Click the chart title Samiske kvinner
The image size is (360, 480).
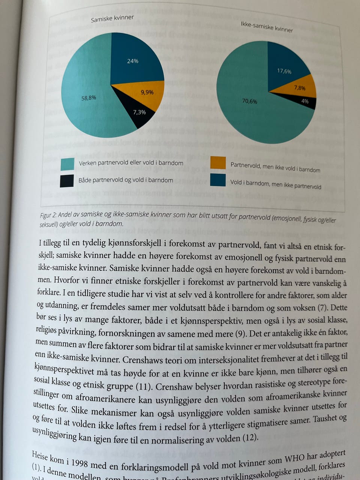click(x=112, y=18)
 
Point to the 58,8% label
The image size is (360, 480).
click(x=89, y=98)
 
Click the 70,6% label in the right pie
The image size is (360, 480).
click(x=249, y=101)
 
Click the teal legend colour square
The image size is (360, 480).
click(x=67, y=164)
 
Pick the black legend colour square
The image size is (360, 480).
click(x=67, y=181)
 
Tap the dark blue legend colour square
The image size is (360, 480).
click(x=218, y=180)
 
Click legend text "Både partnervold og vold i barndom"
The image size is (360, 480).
click(x=126, y=180)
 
